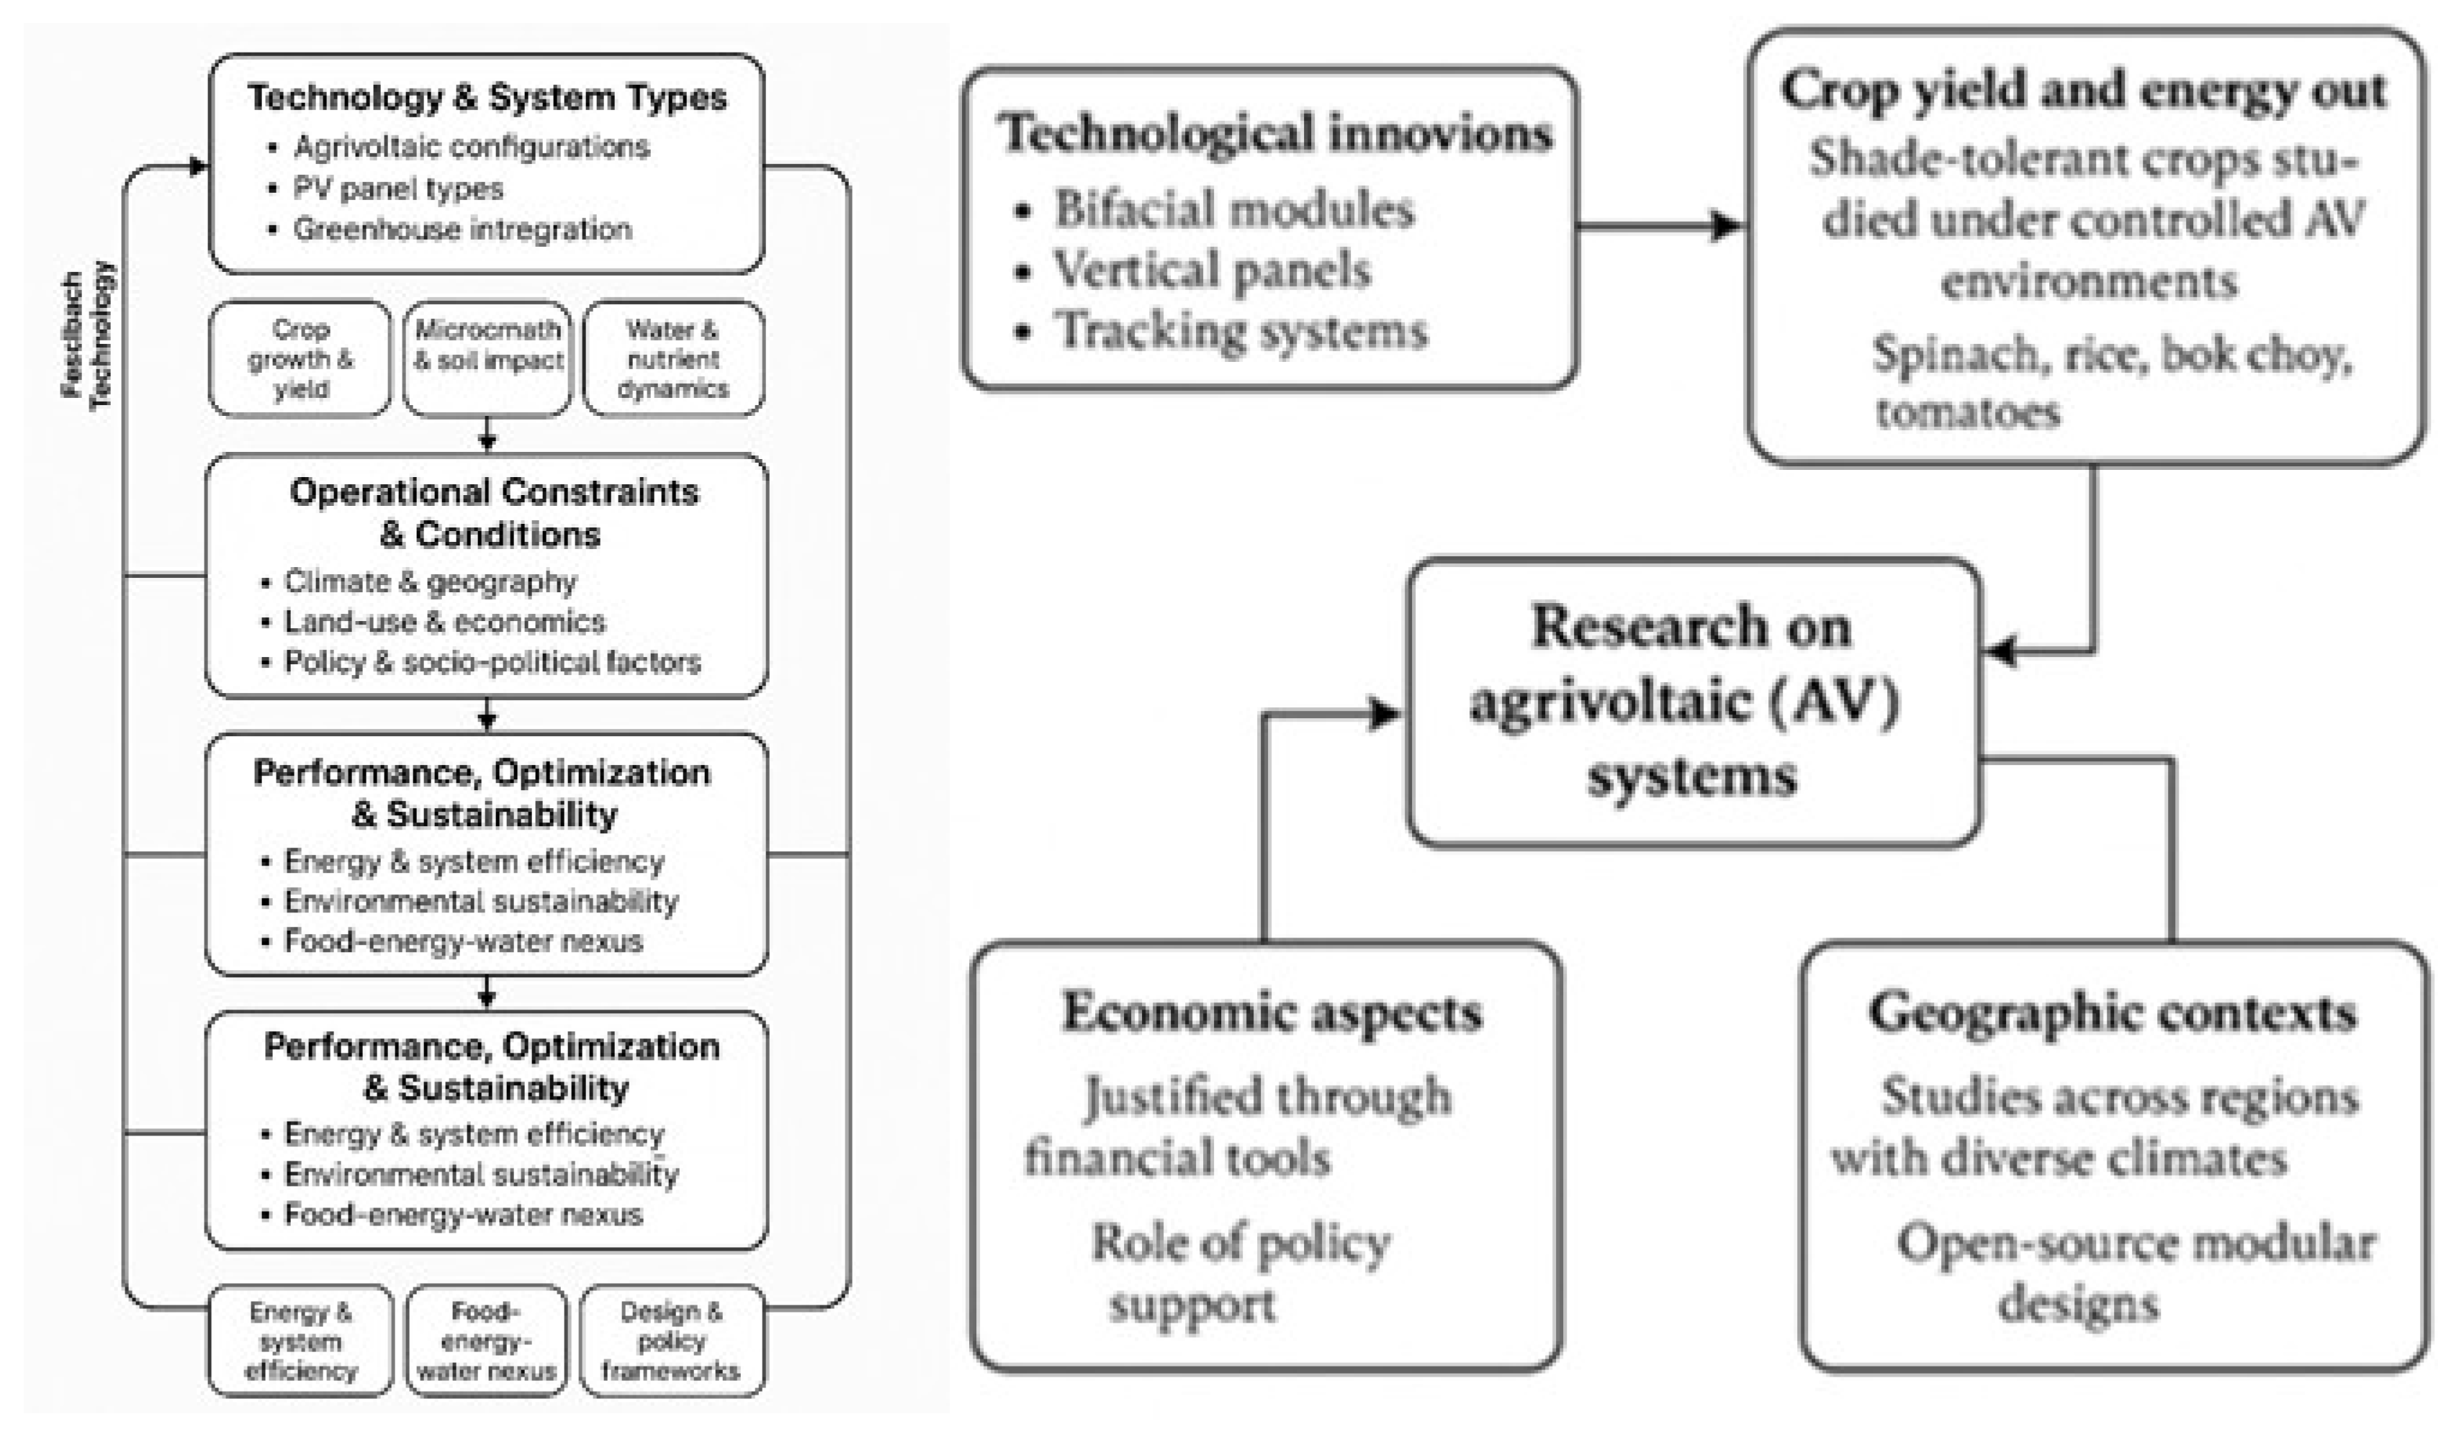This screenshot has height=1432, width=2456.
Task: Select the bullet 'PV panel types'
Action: click(x=399, y=188)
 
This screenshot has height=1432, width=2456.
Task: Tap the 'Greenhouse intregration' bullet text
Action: click(x=463, y=229)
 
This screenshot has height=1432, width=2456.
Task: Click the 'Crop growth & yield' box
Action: click(x=300, y=358)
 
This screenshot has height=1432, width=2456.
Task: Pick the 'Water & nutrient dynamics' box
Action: click(x=673, y=358)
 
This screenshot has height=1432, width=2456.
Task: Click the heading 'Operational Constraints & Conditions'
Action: click(x=493, y=513)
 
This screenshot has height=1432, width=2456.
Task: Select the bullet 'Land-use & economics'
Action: click(x=444, y=622)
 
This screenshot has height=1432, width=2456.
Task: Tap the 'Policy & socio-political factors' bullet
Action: click(x=492, y=663)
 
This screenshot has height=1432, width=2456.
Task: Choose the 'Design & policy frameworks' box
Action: click(x=672, y=1341)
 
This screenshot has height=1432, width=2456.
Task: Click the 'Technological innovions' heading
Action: click(x=1274, y=133)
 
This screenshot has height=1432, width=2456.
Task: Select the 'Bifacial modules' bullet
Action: click(x=1234, y=209)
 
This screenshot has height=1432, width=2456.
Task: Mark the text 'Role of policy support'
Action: click(x=1241, y=1272)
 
